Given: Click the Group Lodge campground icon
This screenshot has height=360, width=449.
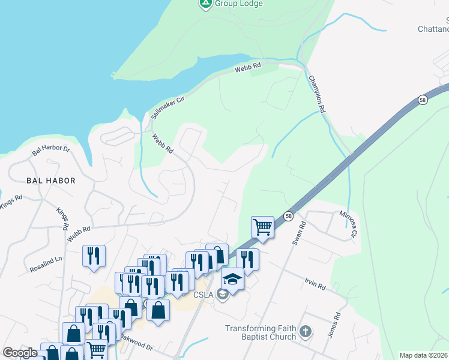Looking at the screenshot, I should tap(205, 4).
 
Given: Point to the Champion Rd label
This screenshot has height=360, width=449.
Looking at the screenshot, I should tap(316, 94).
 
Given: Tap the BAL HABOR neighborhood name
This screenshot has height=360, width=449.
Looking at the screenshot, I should tap(50, 180).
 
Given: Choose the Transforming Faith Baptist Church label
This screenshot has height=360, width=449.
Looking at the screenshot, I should tap(261, 332).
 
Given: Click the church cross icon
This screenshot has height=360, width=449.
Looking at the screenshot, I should tap(305, 332).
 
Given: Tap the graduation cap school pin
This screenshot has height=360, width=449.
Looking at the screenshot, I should tap(232, 279).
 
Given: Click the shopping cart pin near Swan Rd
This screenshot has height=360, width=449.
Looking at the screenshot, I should tap(262, 227).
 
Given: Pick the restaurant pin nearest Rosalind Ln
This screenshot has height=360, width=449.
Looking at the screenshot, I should tap(94, 256).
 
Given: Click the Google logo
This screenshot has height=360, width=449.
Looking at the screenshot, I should tap(20, 353).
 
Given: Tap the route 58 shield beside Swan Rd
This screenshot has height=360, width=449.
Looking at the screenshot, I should tap(289, 216).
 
